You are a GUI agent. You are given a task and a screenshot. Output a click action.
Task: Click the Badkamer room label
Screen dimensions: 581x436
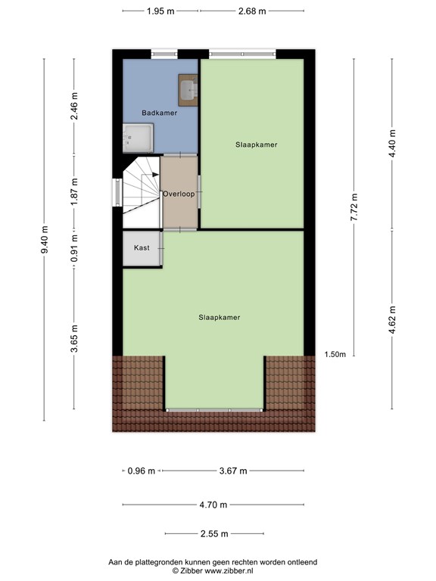[159, 113]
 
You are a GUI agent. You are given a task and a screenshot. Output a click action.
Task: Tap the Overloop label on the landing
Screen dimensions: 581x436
[179, 194]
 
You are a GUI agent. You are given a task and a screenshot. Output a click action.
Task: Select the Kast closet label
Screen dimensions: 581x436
[142, 248]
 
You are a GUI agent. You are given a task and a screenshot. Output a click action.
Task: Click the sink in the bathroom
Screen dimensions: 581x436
[188, 89]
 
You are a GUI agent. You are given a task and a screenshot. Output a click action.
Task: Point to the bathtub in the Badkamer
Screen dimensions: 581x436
[138, 138]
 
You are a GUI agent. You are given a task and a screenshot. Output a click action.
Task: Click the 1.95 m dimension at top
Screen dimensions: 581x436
[160, 11]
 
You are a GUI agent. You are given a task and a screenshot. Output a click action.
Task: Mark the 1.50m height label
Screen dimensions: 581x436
[335, 354]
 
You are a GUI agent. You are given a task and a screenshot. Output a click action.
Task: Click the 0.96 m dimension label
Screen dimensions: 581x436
[141, 471]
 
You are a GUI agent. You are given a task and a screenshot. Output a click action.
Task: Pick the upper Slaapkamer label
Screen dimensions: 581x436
[256, 144]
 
